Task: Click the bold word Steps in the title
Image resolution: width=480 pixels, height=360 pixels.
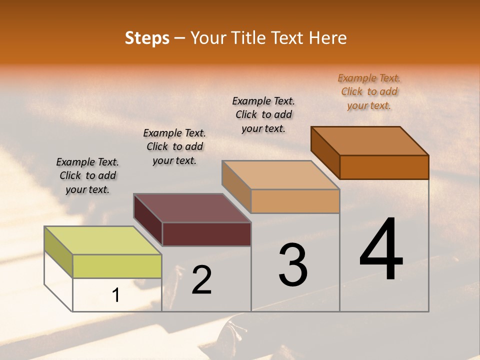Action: pyautogui.click(x=146, y=38)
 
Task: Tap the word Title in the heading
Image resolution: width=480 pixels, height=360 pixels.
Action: pyautogui.click(x=249, y=38)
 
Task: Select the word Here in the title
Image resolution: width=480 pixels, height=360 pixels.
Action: pyautogui.click(x=328, y=38)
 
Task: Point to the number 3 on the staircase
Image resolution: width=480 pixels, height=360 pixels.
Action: pyautogui.click(x=293, y=264)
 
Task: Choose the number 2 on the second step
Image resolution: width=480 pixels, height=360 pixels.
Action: pyautogui.click(x=201, y=279)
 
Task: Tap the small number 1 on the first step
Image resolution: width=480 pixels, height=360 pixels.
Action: pyautogui.click(x=116, y=295)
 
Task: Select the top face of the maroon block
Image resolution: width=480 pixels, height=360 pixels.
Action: pyautogui.click(x=192, y=208)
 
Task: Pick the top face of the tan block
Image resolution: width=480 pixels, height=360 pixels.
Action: pyautogui.click(x=281, y=175)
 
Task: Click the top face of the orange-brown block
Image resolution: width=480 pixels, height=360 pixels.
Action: pyautogui.click(x=370, y=141)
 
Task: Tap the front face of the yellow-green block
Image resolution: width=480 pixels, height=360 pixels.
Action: pyautogui.click(x=117, y=266)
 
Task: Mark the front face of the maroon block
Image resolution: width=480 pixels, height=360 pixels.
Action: pyautogui.click(x=206, y=234)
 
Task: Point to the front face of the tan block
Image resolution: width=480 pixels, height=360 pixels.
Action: pyautogui.click(x=295, y=201)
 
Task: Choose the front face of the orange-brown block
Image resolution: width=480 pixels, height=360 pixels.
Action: pyautogui.click(x=384, y=167)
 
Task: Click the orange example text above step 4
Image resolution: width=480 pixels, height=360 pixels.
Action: pyautogui.click(x=369, y=91)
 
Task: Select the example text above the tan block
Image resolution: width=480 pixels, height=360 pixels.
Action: pyautogui.click(x=263, y=114)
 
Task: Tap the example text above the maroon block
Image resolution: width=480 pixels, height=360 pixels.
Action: pyautogui.click(x=174, y=146)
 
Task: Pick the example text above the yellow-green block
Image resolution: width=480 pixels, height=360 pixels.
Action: pyautogui.click(x=87, y=175)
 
